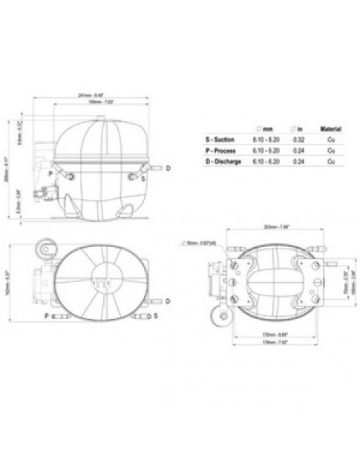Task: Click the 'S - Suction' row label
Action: (221, 139)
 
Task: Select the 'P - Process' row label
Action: (221, 150)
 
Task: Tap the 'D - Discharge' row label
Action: (223, 161)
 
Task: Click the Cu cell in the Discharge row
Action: (330, 161)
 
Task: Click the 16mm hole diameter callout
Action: (197, 243)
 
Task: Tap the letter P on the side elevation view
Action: (50, 173)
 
